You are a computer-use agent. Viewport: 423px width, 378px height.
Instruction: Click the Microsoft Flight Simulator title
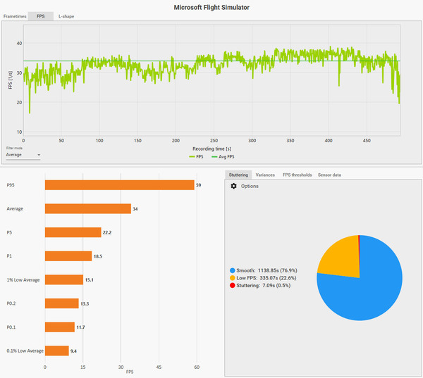211,6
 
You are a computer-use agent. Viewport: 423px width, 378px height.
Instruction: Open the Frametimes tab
15,15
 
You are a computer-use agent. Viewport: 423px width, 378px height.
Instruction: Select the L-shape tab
67,15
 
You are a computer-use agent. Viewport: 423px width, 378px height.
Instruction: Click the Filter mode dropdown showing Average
23,155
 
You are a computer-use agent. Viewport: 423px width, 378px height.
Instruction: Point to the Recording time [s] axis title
212,149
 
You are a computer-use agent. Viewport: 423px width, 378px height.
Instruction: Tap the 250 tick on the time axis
214,140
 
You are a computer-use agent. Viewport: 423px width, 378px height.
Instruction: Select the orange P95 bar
119,185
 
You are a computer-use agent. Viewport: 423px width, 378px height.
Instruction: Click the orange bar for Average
87,208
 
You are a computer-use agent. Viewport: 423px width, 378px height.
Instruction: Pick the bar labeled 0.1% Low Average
56,351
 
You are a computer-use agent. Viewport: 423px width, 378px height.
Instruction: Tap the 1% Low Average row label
24,279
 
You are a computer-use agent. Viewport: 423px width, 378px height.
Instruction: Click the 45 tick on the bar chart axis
159,367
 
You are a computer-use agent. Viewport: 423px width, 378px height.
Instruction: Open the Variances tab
265,175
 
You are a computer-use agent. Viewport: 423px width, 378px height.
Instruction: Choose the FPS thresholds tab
296,175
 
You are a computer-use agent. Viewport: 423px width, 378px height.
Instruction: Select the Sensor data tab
329,175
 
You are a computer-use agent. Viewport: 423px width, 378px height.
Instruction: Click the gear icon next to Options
234,187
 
